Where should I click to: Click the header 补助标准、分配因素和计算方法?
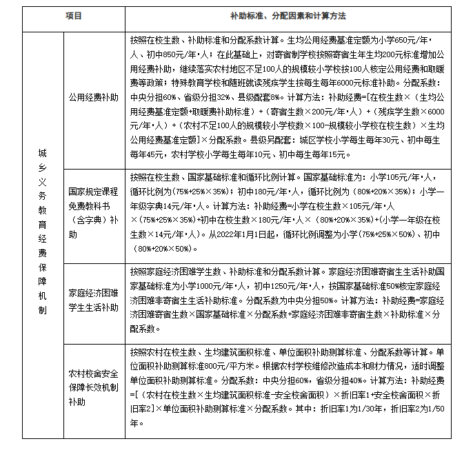pyautogui.click(x=288, y=15)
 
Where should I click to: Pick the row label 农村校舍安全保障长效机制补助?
pyautogui.click(x=93, y=388)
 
